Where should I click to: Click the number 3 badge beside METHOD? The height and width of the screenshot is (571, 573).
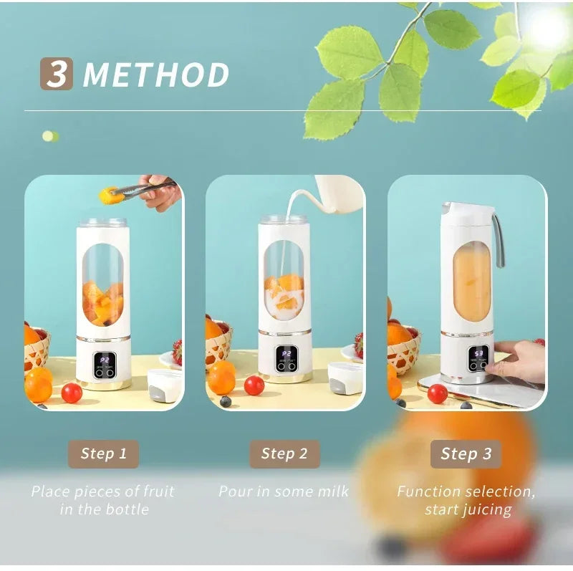click(x=56, y=74)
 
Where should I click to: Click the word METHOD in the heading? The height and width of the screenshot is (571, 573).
click(x=156, y=75)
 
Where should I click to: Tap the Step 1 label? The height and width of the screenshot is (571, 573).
click(x=103, y=454)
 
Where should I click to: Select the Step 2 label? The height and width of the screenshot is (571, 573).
click(x=284, y=454)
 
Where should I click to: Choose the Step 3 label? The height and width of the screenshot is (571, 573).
click(x=466, y=454)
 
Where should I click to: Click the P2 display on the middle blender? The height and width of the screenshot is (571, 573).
click(x=286, y=354)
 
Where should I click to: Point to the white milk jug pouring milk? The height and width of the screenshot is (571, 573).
click(x=335, y=193)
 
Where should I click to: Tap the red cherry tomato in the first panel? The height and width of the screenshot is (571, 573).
click(x=72, y=393)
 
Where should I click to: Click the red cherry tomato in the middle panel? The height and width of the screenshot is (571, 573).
click(x=254, y=385)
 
